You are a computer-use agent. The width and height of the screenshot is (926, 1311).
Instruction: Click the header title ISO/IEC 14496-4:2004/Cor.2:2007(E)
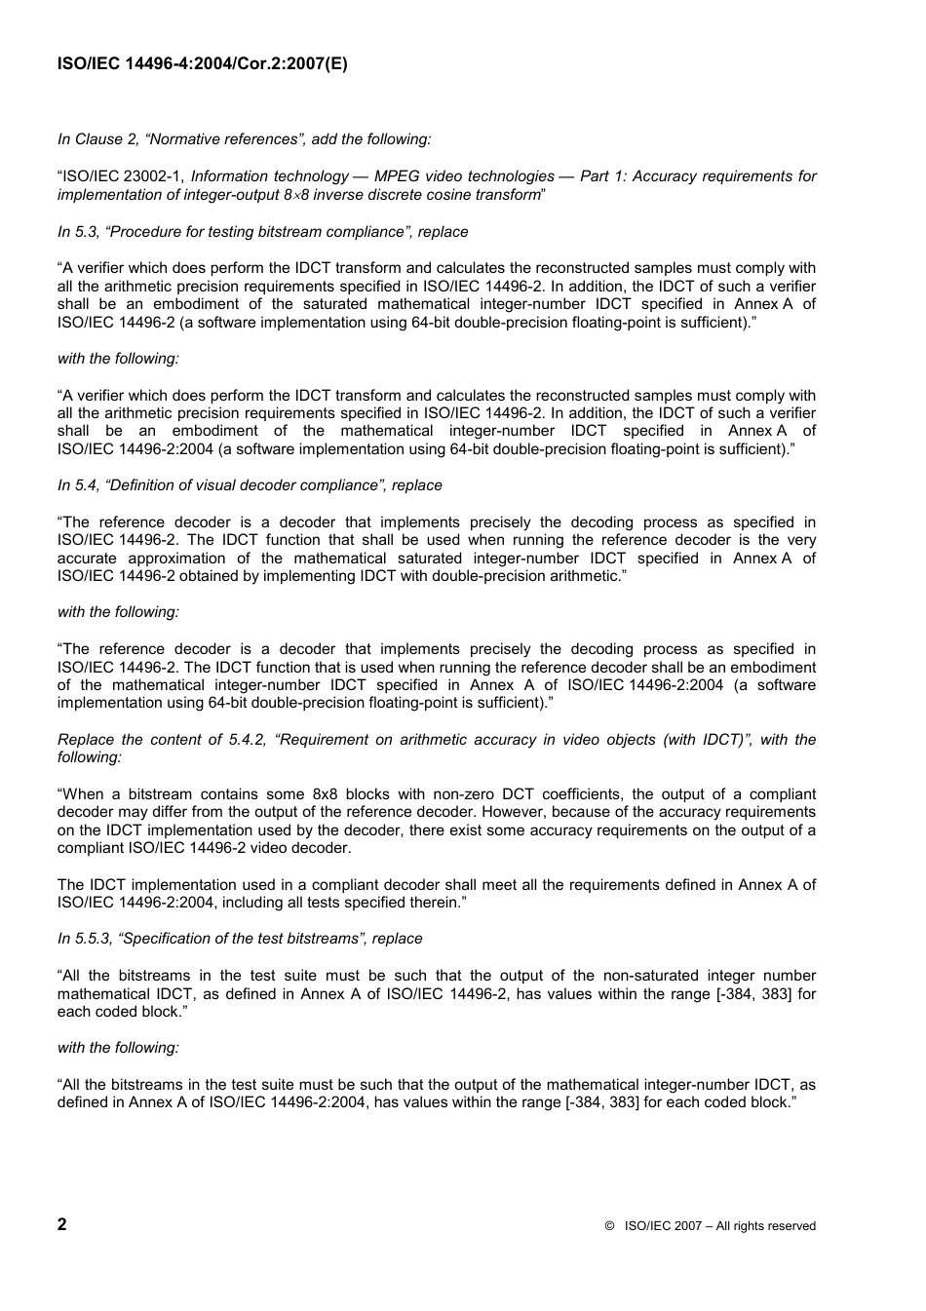(202, 64)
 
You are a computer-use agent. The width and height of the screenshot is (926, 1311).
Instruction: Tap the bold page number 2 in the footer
(62, 1224)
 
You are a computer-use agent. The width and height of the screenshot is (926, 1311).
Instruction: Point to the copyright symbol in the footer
(609, 1226)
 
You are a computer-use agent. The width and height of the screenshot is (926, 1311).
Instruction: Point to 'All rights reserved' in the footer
(765, 1226)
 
